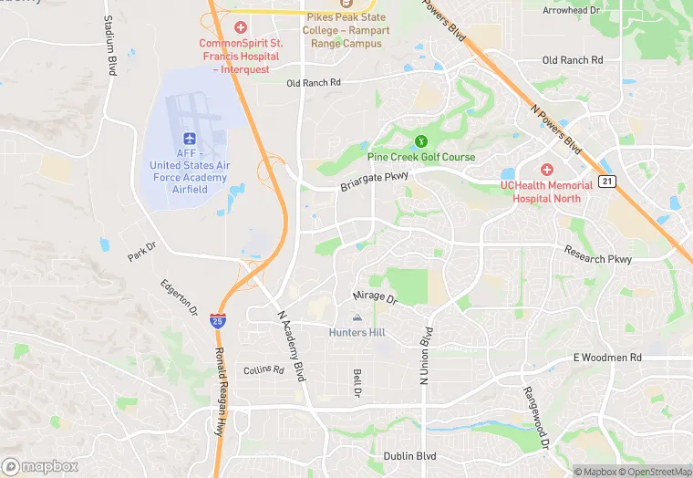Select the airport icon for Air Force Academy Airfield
pos(191,138)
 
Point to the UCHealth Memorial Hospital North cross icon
pos(547,169)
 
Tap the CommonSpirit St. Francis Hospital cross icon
pos(241,27)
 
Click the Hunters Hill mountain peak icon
pos(357,317)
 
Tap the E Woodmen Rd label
pos(607,358)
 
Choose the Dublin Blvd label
pos(409,456)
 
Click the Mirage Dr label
pos(375,297)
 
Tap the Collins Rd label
pos(264,370)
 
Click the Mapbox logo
pos(39,466)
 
